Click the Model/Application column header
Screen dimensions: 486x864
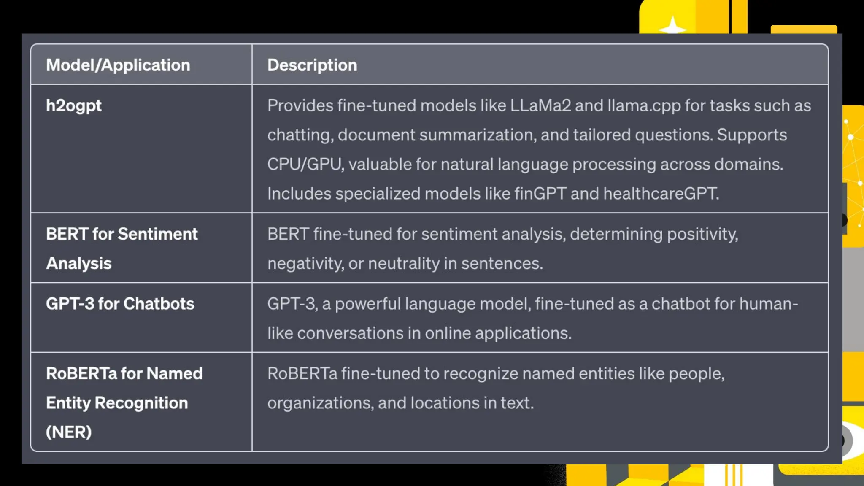pyautogui.click(x=118, y=65)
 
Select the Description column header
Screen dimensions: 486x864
pyautogui.click(x=312, y=65)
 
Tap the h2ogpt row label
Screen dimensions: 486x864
pyautogui.click(x=74, y=106)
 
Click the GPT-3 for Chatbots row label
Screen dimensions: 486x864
pyautogui.click(x=120, y=304)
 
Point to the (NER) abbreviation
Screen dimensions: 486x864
pyautogui.click(x=69, y=432)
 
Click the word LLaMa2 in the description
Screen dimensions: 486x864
pyautogui.click(x=540, y=106)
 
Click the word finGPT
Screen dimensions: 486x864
pyautogui.click(x=540, y=194)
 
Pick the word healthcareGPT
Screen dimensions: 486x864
pyautogui.click(x=661, y=194)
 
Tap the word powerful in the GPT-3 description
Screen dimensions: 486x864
pyautogui.click(x=367, y=304)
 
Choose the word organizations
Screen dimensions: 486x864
pyautogui.click(x=321, y=403)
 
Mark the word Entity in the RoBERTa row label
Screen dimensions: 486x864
pyautogui.click(x=68, y=403)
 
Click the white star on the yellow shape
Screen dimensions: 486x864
pyautogui.click(x=672, y=27)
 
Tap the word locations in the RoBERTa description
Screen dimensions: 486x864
pyautogui.click(x=445, y=403)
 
